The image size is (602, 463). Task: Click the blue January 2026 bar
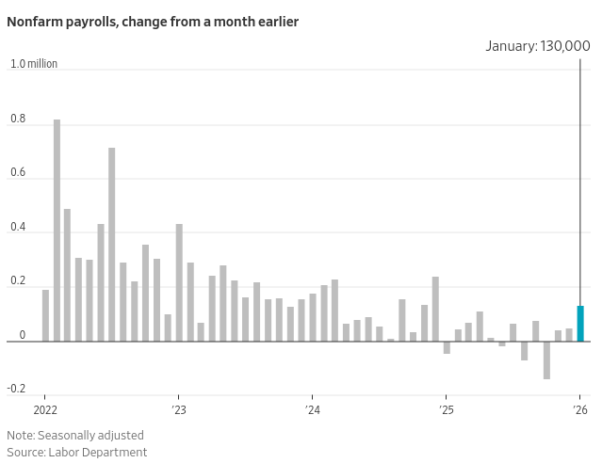tap(580, 324)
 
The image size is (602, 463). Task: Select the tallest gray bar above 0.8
tap(57, 231)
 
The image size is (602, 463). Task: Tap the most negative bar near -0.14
tap(546, 360)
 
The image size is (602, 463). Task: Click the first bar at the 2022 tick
tap(45, 315)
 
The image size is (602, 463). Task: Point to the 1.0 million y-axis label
tap(34, 64)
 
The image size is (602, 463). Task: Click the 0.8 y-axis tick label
tap(19, 120)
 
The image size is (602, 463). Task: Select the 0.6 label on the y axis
tap(19, 174)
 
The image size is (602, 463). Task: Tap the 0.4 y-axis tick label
tap(19, 229)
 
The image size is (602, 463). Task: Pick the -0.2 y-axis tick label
tap(17, 389)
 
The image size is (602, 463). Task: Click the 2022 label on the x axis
tap(45, 409)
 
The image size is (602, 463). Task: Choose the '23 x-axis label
tap(179, 409)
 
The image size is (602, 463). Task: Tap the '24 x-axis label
tap(313, 409)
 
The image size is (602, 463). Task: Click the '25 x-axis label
tap(447, 409)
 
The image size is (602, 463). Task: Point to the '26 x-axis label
tap(580, 409)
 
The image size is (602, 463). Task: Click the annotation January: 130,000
tap(538, 45)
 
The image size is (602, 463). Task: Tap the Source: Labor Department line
tap(77, 452)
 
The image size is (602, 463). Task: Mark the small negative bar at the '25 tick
tap(447, 347)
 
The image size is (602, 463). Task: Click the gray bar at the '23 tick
tap(179, 282)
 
